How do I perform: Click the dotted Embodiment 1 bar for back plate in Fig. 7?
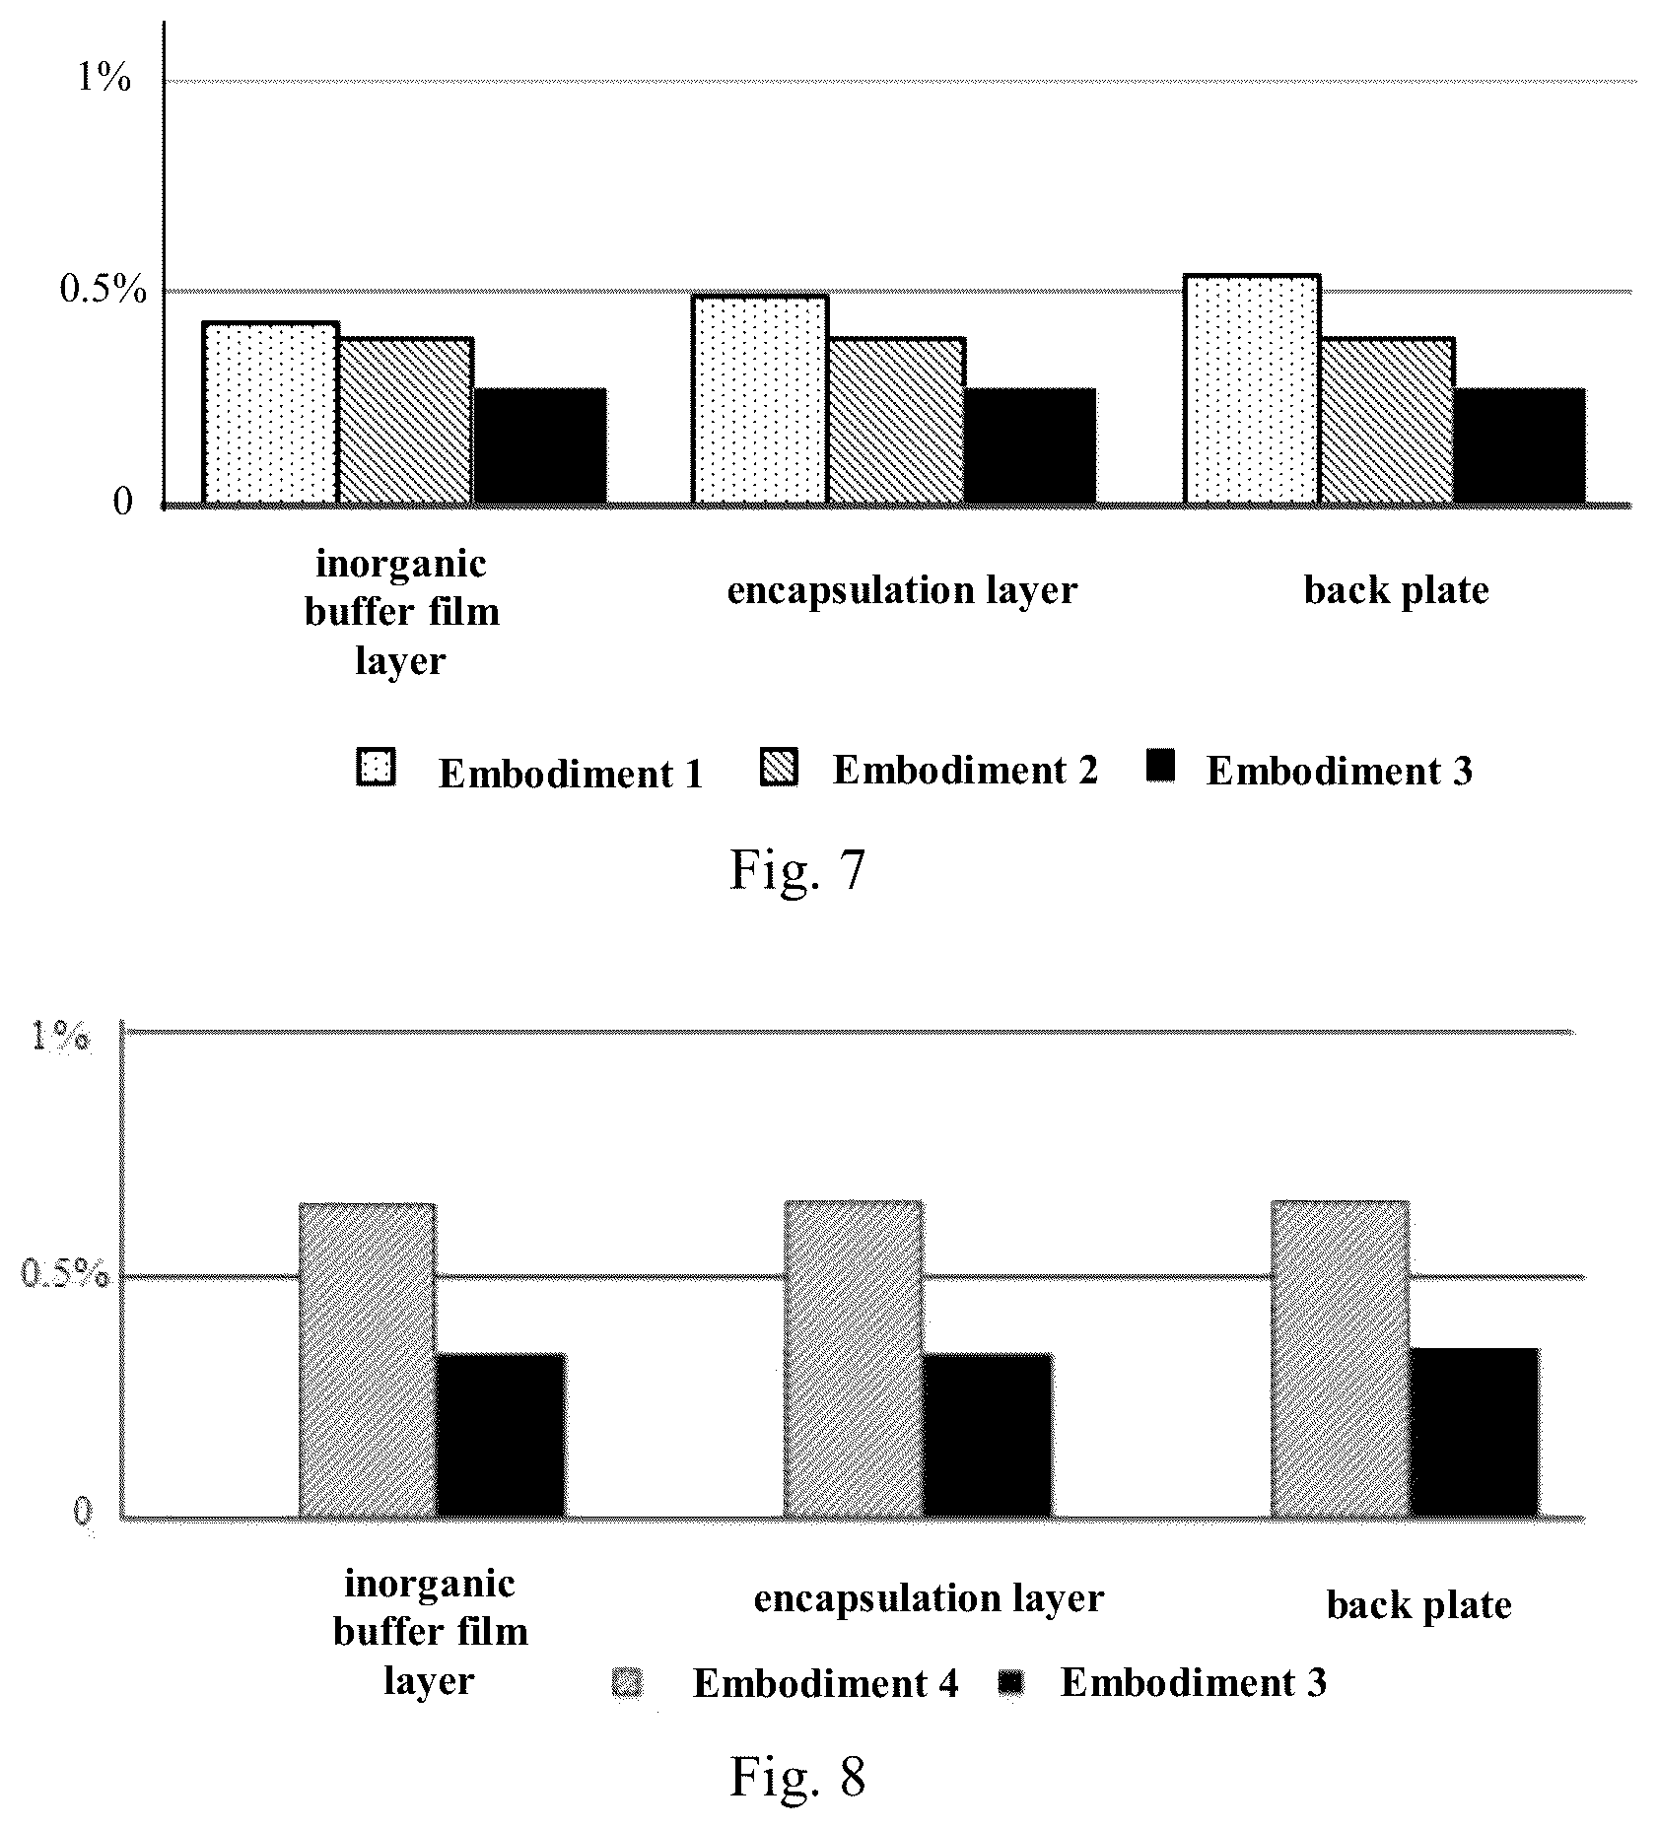(1251, 389)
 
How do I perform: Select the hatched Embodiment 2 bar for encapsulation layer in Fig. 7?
(896, 421)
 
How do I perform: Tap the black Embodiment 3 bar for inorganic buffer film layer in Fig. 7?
(540, 446)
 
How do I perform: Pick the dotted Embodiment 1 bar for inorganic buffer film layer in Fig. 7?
(270, 413)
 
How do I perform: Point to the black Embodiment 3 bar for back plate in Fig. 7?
(1520, 446)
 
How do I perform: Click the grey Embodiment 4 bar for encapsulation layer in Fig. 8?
(854, 1359)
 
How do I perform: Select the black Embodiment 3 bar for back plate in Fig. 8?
(1474, 1432)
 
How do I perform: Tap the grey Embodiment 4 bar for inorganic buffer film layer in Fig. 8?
(367, 1360)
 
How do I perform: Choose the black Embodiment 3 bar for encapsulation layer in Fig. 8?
(988, 1435)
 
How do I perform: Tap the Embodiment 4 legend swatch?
(627, 1683)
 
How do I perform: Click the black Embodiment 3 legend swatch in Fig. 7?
(1161, 767)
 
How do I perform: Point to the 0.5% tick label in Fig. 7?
(103, 290)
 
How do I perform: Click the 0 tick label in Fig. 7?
(122, 503)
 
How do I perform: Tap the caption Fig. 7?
(796, 869)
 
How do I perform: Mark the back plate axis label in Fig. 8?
(1418, 1606)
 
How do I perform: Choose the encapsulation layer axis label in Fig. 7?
(902, 590)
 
